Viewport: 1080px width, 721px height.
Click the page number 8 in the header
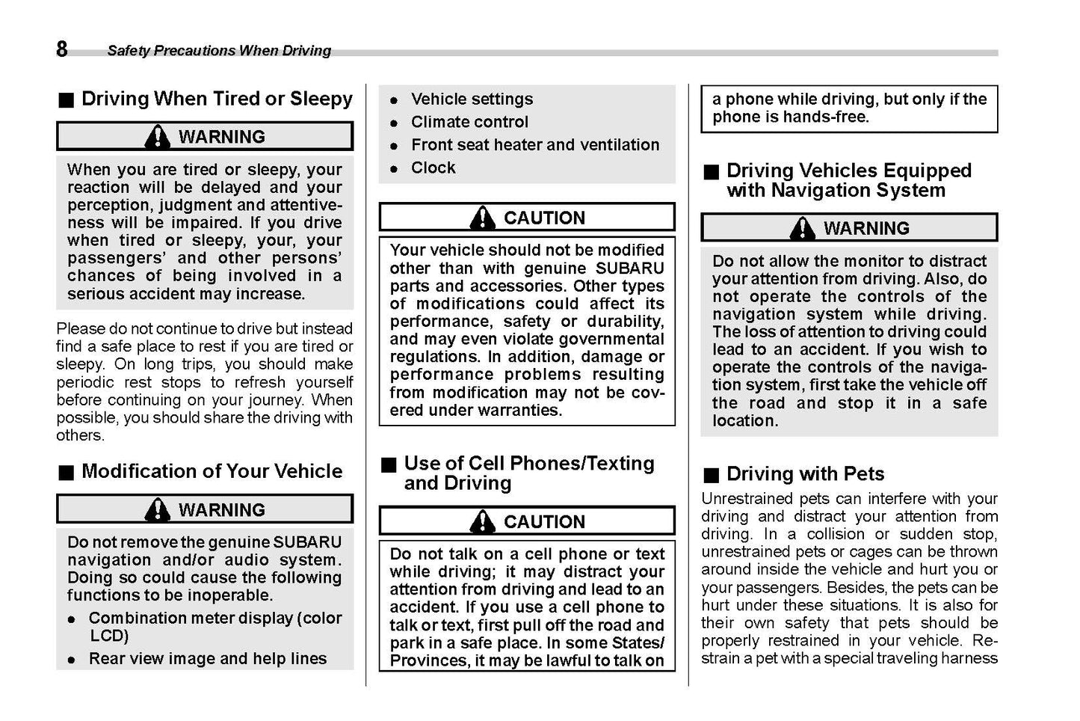pyautogui.click(x=61, y=49)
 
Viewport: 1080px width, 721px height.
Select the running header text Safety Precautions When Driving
pyautogui.click(x=218, y=51)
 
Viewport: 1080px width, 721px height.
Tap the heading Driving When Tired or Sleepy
pyautogui.click(x=217, y=99)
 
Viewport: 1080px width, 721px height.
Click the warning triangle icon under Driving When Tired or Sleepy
pyautogui.click(x=157, y=136)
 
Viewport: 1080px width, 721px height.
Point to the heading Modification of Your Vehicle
pyautogui.click(x=212, y=471)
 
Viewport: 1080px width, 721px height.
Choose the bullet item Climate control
pyautogui.click(x=469, y=122)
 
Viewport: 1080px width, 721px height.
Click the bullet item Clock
pyautogui.click(x=433, y=168)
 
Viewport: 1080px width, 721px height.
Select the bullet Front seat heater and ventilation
pyautogui.click(x=534, y=145)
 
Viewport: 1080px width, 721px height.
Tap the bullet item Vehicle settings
pyautogui.click(x=472, y=99)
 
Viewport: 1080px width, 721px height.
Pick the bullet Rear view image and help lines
pyautogui.click(x=207, y=659)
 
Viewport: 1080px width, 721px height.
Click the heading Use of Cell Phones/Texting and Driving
pyautogui.click(x=528, y=473)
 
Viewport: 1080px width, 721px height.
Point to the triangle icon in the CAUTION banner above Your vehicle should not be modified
pyautogui.click(x=483, y=218)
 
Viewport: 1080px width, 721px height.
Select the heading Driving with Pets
pyautogui.click(x=805, y=474)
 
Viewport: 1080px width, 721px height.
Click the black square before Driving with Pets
pyautogui.click(x=711, y=475)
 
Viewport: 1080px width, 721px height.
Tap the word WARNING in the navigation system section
pyautogui.click(x=866, y=228)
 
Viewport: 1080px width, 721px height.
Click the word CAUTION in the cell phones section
pyautogui.click(x=544, y=522)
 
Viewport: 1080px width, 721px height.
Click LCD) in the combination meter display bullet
pyautogui.click(x=109, y=636)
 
